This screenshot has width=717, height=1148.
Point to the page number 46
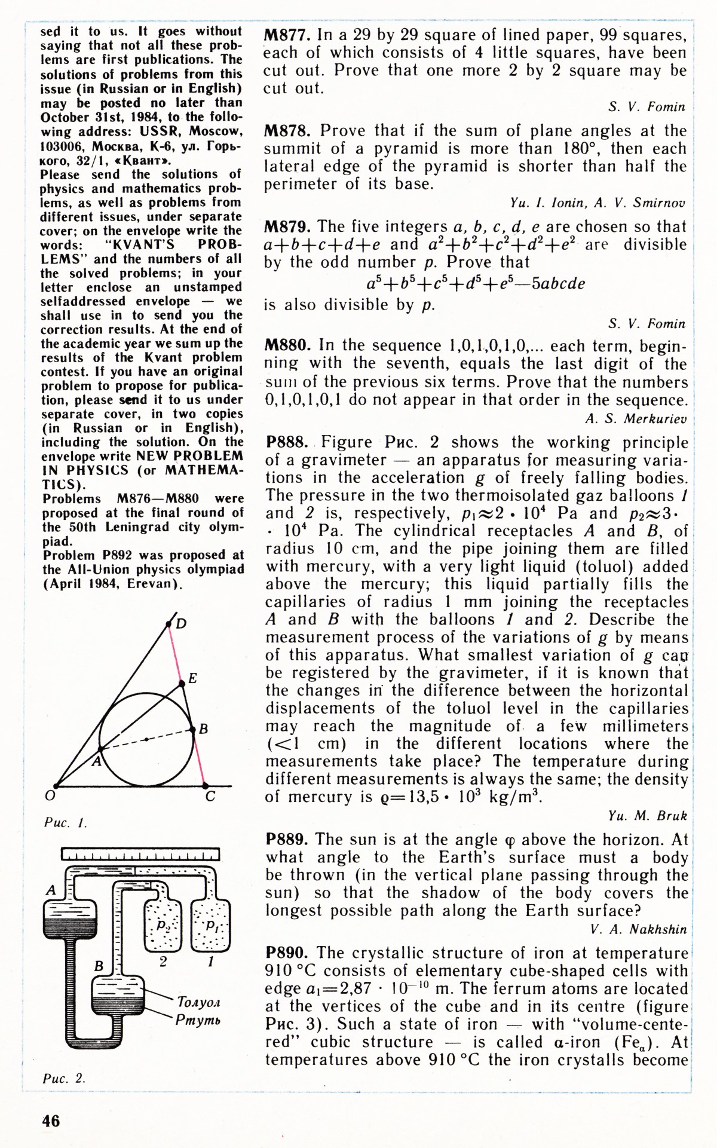click(x=51, y=1121)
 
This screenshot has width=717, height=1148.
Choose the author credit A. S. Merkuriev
click(x=636, y=419)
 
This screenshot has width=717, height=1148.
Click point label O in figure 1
click(x=50, y=796)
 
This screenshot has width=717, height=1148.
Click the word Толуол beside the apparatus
click(x=198, y=1001)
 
